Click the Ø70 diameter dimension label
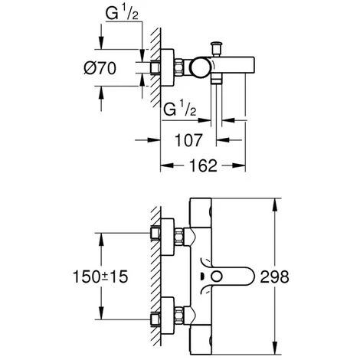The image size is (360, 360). click(100, 68)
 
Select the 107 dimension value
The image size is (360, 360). click(188, 140)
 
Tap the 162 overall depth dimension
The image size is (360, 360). click(203, 165)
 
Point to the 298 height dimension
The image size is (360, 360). click(275, 277)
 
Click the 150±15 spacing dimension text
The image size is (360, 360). click(100, 277)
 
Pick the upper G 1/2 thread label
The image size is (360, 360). click(122, 14)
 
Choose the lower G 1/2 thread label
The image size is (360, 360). click(180, 109)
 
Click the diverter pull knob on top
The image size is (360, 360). click(217, 49)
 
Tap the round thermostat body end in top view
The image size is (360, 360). click(200, 67)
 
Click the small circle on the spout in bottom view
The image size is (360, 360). click(217, 277)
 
